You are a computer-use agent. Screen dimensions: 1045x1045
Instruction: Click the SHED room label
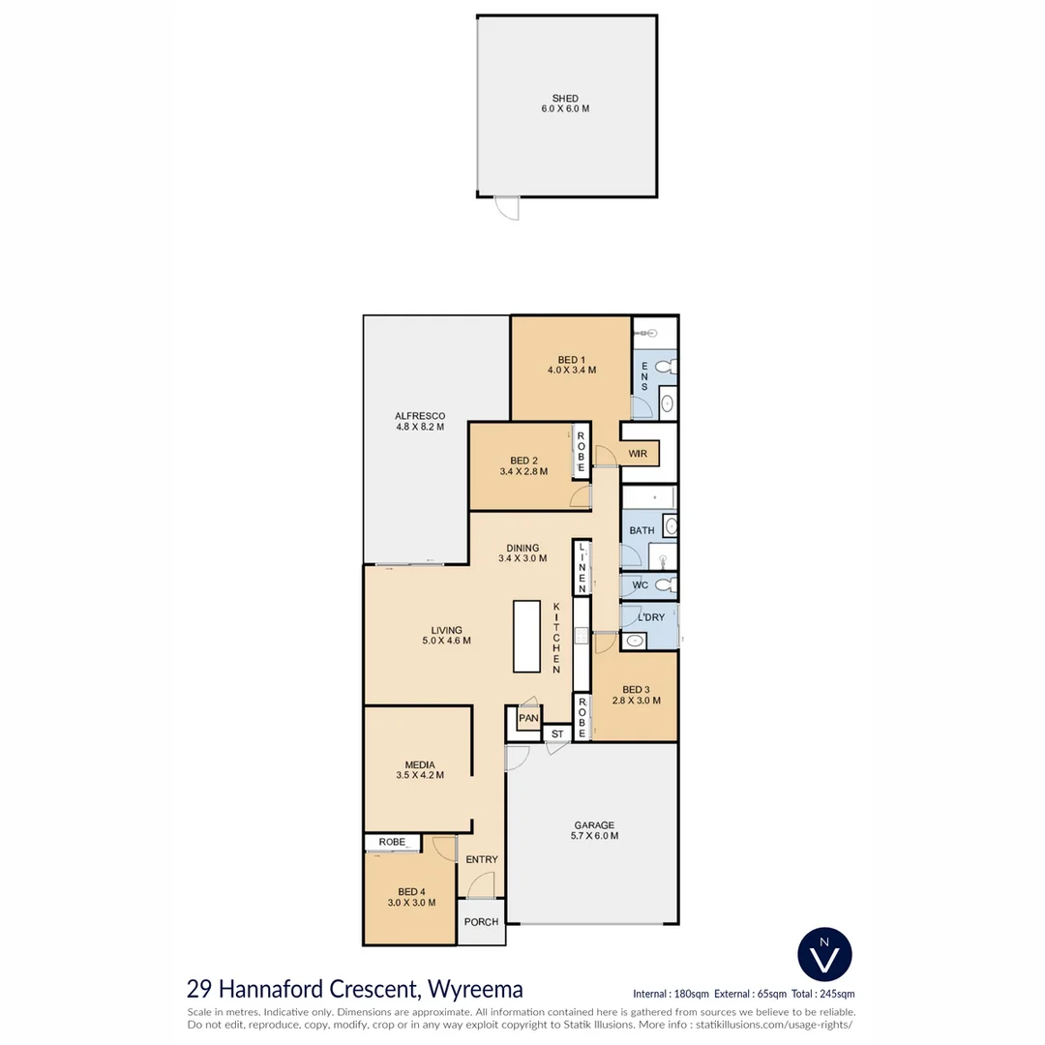[565, 99]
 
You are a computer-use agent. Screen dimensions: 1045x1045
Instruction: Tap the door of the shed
[506, 207]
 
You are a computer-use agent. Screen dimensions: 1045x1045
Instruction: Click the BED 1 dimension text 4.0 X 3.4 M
[570, 370]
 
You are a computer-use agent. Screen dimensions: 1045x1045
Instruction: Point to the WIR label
[637, 453]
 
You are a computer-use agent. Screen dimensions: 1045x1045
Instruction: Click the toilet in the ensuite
[665, 368]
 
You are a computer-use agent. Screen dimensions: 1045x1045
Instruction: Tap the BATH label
[642, 530]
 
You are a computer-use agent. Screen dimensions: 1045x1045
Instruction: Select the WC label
[640, 585]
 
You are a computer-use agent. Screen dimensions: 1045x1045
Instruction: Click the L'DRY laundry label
[650, 617]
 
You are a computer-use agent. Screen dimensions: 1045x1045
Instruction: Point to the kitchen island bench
[526, 636]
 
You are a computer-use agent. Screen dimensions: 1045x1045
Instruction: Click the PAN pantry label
[527, 719]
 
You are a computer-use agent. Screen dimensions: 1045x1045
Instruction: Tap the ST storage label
[556, 734]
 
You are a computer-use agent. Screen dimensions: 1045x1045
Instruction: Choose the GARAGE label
[593, 825]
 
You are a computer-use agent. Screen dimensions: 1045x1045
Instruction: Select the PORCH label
[481, 922]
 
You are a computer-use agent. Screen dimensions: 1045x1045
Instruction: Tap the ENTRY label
[482, 859]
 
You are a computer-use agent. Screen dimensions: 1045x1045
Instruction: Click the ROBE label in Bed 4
[392, 842]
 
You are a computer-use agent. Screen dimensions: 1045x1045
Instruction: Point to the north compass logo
[824, 955]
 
